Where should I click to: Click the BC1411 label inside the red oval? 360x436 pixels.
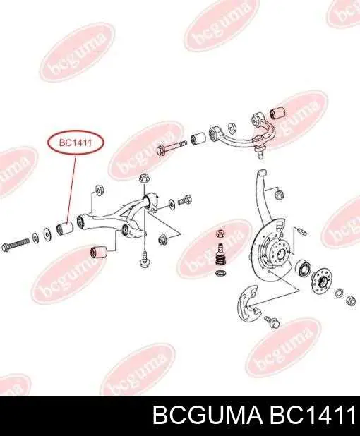[x=76, y=143]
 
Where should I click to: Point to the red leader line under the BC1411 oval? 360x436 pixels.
[x=71, y=187]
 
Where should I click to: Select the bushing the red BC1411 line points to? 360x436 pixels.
[x=64, y=228]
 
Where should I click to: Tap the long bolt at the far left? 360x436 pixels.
[x=15, y=243]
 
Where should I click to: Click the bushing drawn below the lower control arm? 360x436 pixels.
[x=98, y=252]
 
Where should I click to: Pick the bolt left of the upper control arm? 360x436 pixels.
[x=172, y=147]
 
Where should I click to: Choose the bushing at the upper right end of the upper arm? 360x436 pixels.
[x=277, y=111]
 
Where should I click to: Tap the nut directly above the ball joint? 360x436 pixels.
[x=221, y=233]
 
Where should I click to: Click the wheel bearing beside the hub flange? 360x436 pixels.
[x=303, y=268]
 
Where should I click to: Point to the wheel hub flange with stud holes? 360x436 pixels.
[x=322, y=281]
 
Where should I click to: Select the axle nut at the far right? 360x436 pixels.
[x=351, y=301]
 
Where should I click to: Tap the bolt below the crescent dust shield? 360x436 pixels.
[x=272, y=322]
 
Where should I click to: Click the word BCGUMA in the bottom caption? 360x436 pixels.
[x=207, y=417]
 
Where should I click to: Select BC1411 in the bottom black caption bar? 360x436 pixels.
[x=311, y=417]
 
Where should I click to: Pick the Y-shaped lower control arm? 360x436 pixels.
[x=117, y=217]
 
